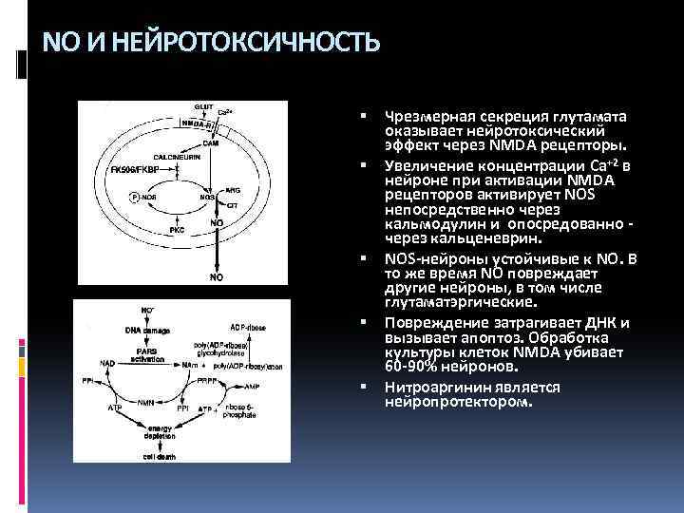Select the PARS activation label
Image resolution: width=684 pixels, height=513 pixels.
[x=148, y=355]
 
